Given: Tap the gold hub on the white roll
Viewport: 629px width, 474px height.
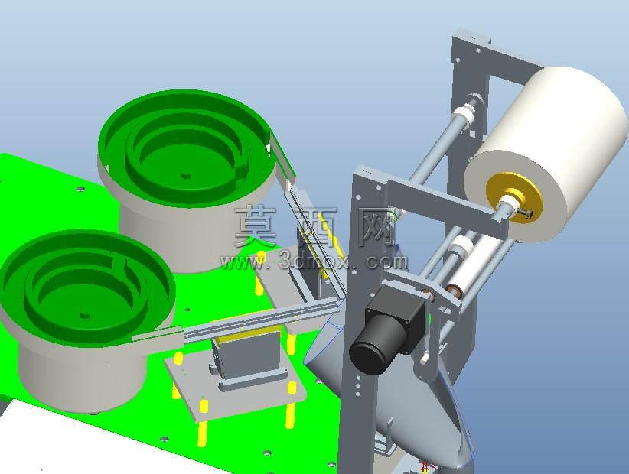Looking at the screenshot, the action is (x=514, y=197).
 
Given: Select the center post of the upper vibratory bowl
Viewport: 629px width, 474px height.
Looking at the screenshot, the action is (x=185, y=175).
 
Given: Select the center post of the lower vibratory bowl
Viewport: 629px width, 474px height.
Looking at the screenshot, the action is (x=84, y=314).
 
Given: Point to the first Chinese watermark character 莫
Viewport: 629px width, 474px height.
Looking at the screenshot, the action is (x=255, y=226).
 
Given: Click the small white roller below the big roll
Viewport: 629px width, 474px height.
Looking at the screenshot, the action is (x=480, y=265).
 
